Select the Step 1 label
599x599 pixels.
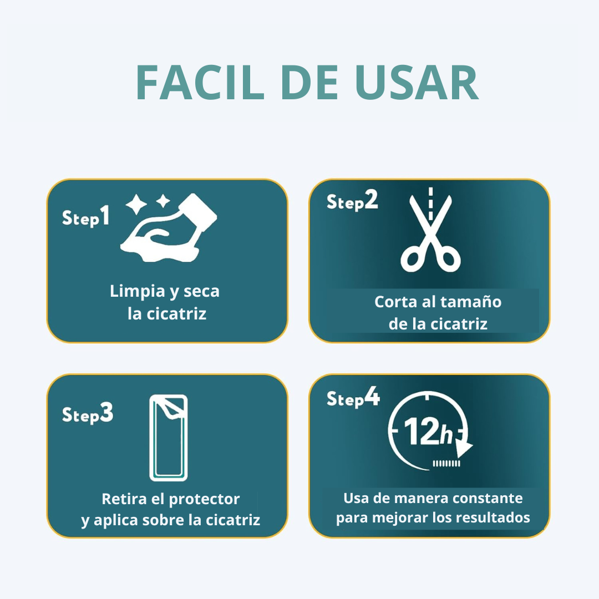point(86,217)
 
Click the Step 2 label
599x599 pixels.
point(352,201)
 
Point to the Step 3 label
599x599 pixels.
point(88,413)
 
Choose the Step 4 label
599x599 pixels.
point(353,397)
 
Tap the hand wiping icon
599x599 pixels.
point(169,228)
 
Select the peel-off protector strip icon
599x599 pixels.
point(169,438)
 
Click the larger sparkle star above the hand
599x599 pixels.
point(136,204)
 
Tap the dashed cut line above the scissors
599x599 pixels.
point(430,204)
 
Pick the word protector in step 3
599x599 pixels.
point(204,499)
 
